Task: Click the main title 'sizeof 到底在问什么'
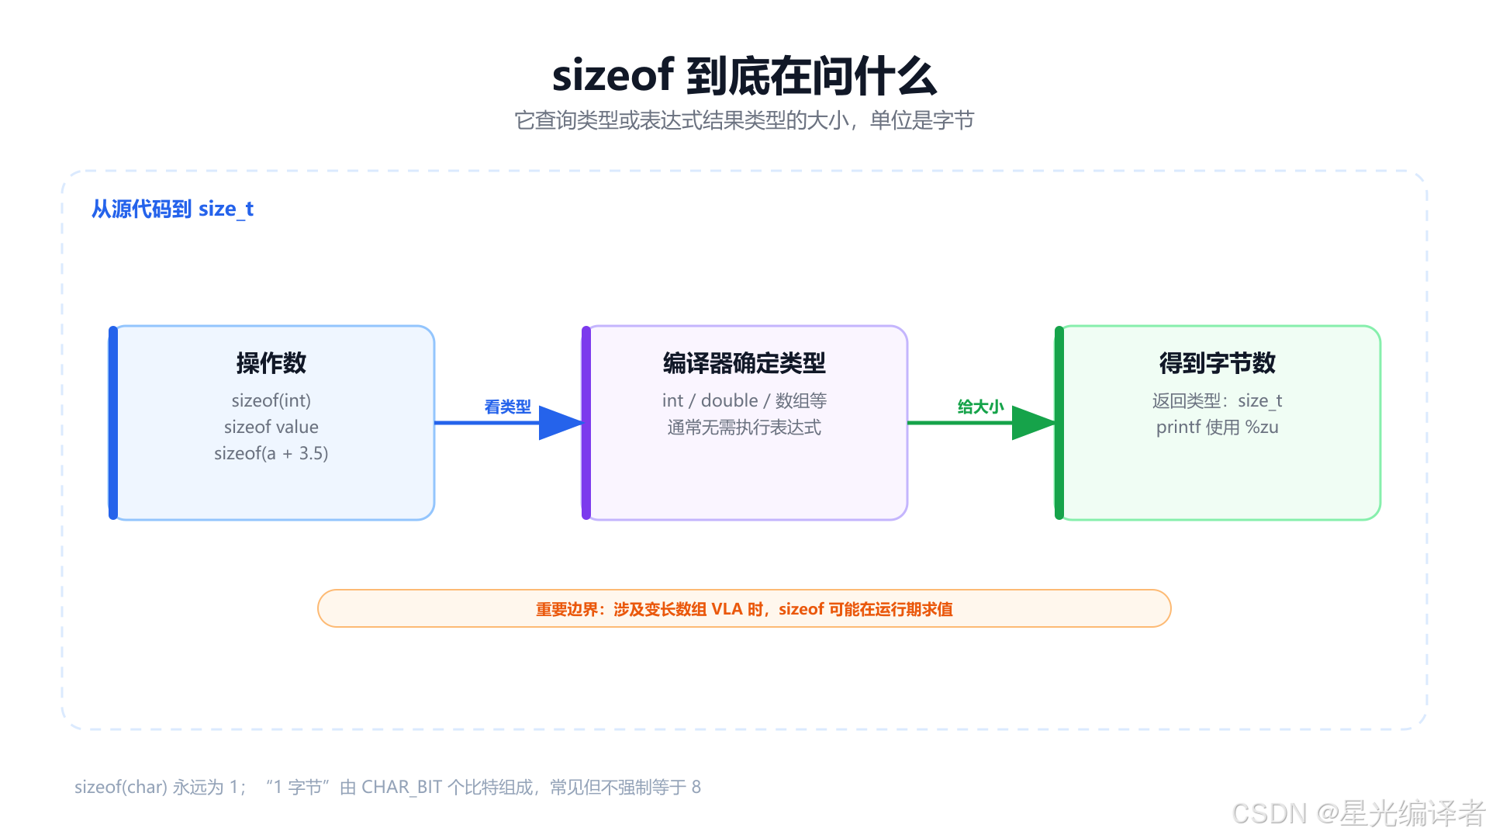744,76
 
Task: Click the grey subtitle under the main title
744,120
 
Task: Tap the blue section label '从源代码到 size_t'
172,209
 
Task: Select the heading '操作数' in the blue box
271,362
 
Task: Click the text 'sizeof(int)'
271,400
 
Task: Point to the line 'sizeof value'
271,427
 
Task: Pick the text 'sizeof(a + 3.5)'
271,453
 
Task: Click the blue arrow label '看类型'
508,407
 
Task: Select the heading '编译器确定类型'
744,362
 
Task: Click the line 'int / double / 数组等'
744,400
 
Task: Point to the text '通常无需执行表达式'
744,427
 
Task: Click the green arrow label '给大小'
981,407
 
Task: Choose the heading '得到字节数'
1218,362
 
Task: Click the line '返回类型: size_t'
1218,400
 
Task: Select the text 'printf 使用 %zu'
1218,427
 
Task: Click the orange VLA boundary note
744,609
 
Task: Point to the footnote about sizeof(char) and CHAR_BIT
388,787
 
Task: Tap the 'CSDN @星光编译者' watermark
1358,813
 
